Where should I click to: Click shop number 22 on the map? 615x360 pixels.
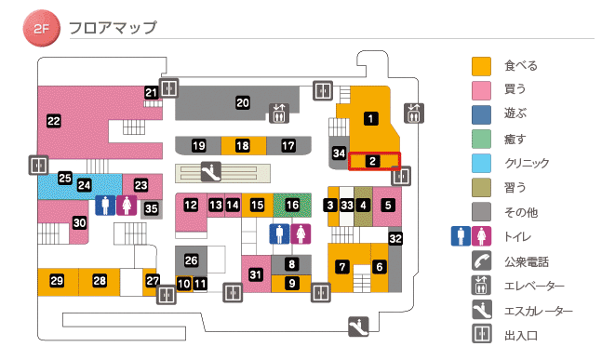click(53, 120)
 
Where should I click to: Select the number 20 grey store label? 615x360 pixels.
click(243, 103)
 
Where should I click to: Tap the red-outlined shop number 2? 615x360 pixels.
click(372, 161)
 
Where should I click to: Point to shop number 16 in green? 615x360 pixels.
click(293, 205)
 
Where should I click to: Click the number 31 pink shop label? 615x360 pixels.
click(256, 273)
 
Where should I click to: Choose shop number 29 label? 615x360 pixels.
click(57, 281)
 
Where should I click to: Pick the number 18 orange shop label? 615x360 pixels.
click(243, 146)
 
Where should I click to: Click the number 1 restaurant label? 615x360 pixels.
click(370, 118)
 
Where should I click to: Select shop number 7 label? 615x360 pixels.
click(342, 267)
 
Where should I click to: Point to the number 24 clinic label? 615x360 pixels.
click(85, 185)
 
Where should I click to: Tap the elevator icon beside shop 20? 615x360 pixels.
click(279, 113)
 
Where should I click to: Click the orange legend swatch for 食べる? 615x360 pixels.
click(482, 66)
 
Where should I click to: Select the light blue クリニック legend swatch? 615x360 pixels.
click(482, 163)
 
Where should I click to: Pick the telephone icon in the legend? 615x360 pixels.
click(482, 261)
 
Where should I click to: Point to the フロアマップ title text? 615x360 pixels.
click(113, 28)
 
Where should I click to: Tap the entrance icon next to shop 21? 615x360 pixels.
click(169, 88)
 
